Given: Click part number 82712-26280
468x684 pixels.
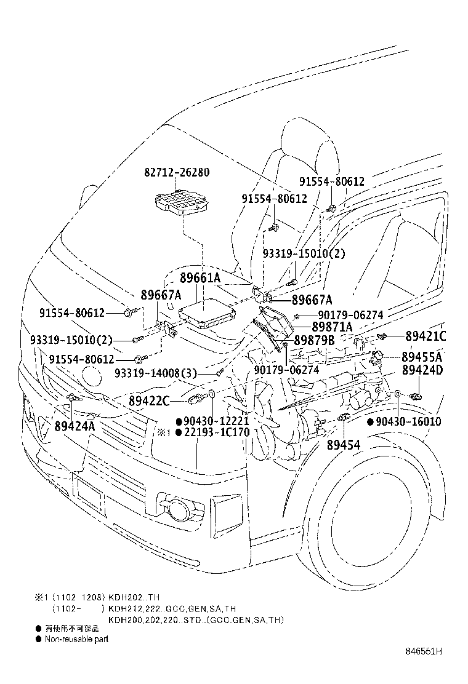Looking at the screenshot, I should (x=178, y=173).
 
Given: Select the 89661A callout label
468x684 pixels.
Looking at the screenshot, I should (x=200, y=278).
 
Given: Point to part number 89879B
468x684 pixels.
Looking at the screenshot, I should (x=314, y=340).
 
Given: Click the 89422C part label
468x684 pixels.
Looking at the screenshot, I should (x=149, y=401).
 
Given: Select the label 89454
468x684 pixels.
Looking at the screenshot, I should (x=344, y=444).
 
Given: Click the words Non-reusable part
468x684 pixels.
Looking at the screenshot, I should (x=76, y=640).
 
